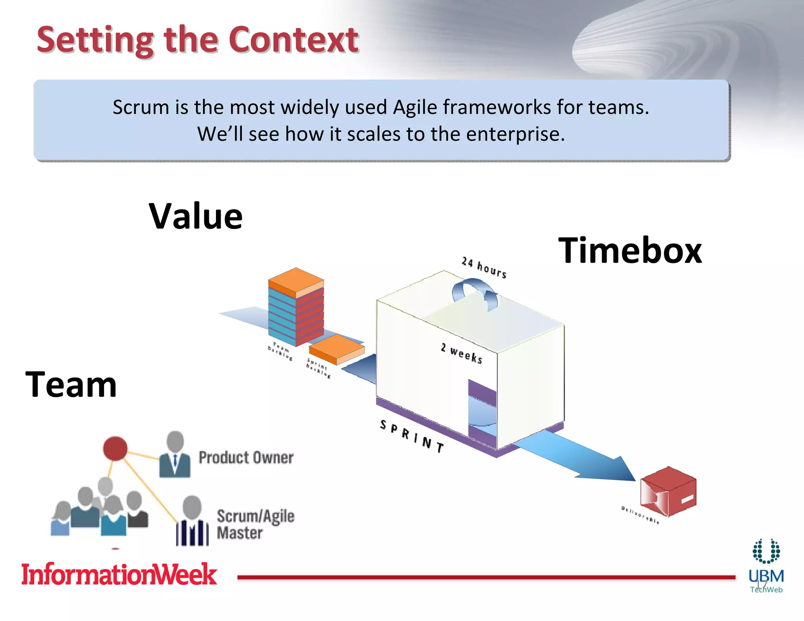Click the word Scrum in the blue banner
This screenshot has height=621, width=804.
(x=141, y=107)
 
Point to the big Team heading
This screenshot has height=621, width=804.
(x=71, y=385)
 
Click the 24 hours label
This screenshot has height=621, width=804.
(x=484, y=267)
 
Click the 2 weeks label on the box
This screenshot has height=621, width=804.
(x=461, y=353)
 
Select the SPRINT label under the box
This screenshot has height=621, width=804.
(x=412, y=436)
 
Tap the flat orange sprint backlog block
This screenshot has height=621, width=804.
(x=336, y=349)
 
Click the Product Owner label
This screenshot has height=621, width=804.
(x=246, y=458)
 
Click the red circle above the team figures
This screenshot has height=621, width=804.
(x=115, y=448)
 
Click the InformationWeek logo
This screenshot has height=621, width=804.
(x=119, y=574)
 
